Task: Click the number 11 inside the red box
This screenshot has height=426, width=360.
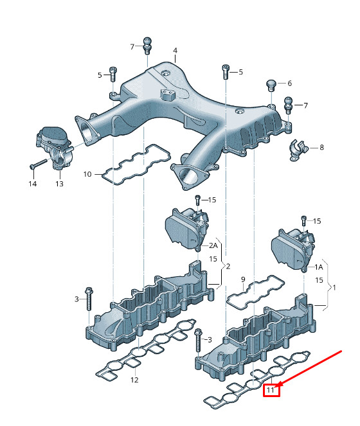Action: (270, 390)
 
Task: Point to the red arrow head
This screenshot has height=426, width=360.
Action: (280, 384)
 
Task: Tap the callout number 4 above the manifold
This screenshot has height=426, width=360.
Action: (175, 51)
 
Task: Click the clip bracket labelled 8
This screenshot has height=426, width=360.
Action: (297, 150)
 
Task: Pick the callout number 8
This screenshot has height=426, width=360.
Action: (321, 148)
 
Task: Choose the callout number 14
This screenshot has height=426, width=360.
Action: (33, 184)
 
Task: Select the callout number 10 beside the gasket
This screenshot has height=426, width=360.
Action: (87, 174)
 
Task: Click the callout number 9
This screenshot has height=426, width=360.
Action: (243, 280)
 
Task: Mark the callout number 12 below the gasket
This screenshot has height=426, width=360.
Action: (134, 380)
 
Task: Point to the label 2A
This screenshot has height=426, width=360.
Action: (213, 245)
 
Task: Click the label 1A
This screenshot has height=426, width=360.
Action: (319, 267)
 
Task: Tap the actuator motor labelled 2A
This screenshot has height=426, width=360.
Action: (187, 229)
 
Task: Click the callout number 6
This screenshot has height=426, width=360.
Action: (289, 83)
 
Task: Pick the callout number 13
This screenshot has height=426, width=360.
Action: (59, 184)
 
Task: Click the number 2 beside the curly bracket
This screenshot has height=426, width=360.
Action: (228, 266)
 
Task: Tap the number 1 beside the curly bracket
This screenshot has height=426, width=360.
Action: (334, 287)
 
